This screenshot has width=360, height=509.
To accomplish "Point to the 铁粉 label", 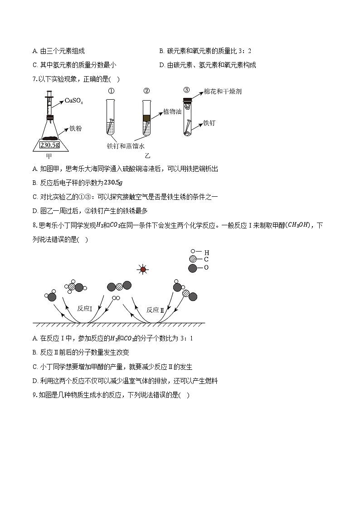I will click(76, 128).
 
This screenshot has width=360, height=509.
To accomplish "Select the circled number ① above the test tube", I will click(110, 91).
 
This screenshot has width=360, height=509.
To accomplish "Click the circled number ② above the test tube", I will click(146, 91).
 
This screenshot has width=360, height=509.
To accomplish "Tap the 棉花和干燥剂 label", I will click(223, 92).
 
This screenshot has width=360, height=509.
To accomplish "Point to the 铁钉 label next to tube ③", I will click(211, 123).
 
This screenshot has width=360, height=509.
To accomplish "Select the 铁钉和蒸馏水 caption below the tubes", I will click(125, 146).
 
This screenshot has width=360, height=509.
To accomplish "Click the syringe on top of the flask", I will click(50, 104).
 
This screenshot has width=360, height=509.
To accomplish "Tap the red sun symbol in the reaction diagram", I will click(143, 270).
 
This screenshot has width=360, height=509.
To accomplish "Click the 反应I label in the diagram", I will click(85, 309).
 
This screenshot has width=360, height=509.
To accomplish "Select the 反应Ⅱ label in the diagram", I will click(155, 310).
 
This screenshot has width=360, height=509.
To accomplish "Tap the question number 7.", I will click(34, 79).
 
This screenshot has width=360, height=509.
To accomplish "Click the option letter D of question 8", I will click(35, 381).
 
